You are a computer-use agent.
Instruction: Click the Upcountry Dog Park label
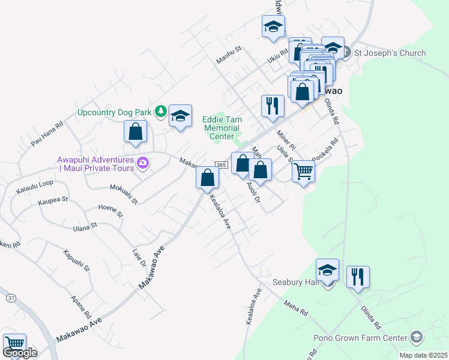pos(115,112)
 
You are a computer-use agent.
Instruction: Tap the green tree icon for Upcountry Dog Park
pos(160,111)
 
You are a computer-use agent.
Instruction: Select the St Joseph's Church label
pos(390,53)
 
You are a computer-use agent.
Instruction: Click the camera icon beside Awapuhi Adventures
pos(143,163)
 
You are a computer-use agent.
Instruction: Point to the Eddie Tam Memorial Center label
pos(221,128)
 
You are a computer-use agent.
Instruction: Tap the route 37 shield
pos(11,298)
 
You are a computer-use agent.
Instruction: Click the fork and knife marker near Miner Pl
pos(273,106)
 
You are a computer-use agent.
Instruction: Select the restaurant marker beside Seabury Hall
pos(358,277)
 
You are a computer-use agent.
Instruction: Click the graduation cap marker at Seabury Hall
pos(327,270)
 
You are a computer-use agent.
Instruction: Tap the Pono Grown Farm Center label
pos(360,337)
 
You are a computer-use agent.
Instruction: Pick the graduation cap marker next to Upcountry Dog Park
pos(180,116)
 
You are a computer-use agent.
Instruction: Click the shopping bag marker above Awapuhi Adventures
pos(135,131)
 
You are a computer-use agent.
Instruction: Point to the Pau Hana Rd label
pos(47,135)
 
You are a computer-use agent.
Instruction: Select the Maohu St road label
pos(228,57)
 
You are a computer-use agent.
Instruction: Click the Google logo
pos(20,353)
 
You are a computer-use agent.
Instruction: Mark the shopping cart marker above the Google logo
pos(14,344)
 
